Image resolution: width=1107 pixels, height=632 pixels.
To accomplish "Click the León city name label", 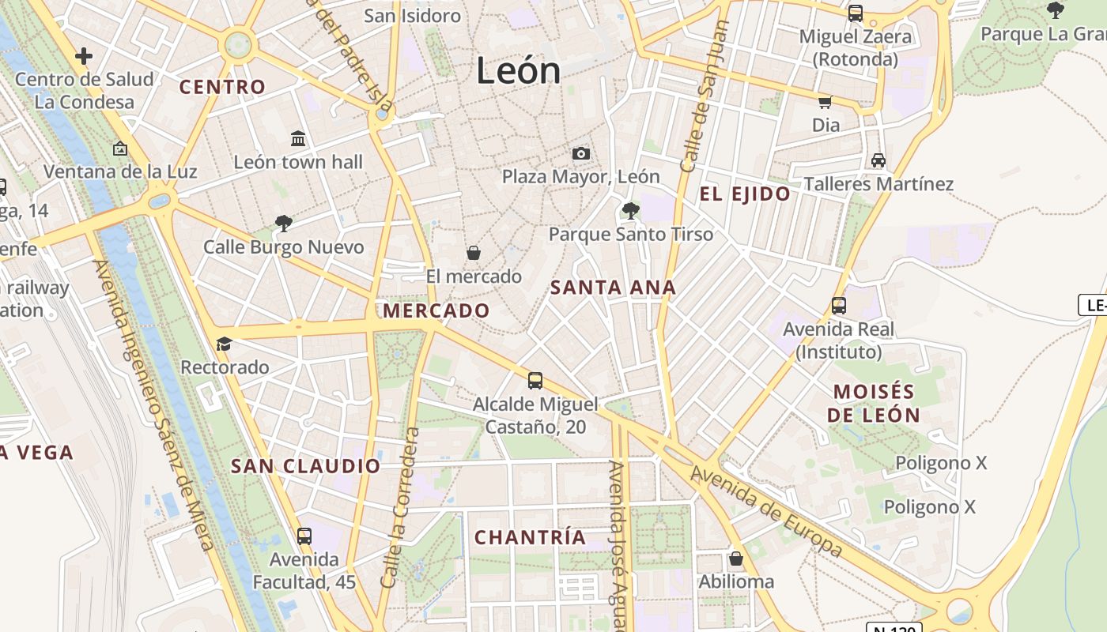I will click(x=518, y=71).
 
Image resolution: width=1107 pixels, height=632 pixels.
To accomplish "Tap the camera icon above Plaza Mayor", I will click(x=581, y=153).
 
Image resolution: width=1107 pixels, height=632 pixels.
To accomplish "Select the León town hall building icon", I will click(x=298, y=139).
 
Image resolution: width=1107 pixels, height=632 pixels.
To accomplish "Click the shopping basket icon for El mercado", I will click(x=474, y=253).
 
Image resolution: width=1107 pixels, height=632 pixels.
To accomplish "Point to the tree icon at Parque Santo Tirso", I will click(x=630, y=210).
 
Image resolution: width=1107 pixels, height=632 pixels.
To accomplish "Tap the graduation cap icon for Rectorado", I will click(x=225, y=344).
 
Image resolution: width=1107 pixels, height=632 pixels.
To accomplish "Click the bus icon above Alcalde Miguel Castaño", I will click(x=535, y=381).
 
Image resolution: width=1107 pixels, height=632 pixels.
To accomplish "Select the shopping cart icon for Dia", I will click(x=826, y=102).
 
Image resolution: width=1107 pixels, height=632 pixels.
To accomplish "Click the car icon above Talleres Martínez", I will click(x=878, y=160).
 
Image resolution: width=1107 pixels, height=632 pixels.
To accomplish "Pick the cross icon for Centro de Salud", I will click(x=84, y=56).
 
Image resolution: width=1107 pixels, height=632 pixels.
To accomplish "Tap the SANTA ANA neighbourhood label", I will click(x=614, y=288).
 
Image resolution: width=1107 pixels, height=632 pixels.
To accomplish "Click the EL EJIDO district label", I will click(x=745, y=194).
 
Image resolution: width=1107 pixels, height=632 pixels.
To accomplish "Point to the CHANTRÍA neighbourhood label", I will click(x=531, y=538).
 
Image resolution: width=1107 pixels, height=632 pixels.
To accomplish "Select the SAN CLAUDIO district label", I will click(x=305, y=466).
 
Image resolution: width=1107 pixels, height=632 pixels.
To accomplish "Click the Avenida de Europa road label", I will click(x=766, y=511).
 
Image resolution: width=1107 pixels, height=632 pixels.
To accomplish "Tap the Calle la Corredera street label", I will click(x=399, y=507).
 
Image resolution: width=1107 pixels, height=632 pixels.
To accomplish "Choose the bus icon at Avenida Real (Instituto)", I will click(x=838, y=305).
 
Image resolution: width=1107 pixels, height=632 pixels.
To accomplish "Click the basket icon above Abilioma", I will click(x=736, y=559).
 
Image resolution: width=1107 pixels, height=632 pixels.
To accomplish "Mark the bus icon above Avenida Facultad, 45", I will click(x=304, y=536).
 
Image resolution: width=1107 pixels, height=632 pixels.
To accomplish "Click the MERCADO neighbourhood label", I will click(x=436, y=310).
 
